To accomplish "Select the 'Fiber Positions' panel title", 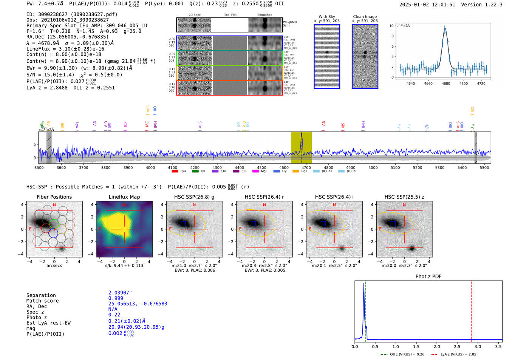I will [54, 197].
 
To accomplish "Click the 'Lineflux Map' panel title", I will [124, 197].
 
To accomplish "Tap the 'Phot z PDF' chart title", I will [428, 277].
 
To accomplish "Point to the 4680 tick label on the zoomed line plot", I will [446, 83].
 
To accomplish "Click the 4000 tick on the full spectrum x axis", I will [150, 167].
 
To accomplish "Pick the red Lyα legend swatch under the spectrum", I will [175, 172].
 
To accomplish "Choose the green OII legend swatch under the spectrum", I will [195, 172].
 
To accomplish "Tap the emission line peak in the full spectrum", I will [302, 134].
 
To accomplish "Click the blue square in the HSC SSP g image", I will [183, 224].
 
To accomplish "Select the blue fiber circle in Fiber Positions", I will [53, 233].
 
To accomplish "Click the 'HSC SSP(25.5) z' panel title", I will [404, 197].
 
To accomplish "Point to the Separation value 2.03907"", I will [120, 293].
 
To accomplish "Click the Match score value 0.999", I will [116, 298].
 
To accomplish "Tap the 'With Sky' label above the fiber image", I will [327, 17].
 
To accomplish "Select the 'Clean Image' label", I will [365, 17].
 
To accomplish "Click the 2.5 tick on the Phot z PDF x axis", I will [457, 346].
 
